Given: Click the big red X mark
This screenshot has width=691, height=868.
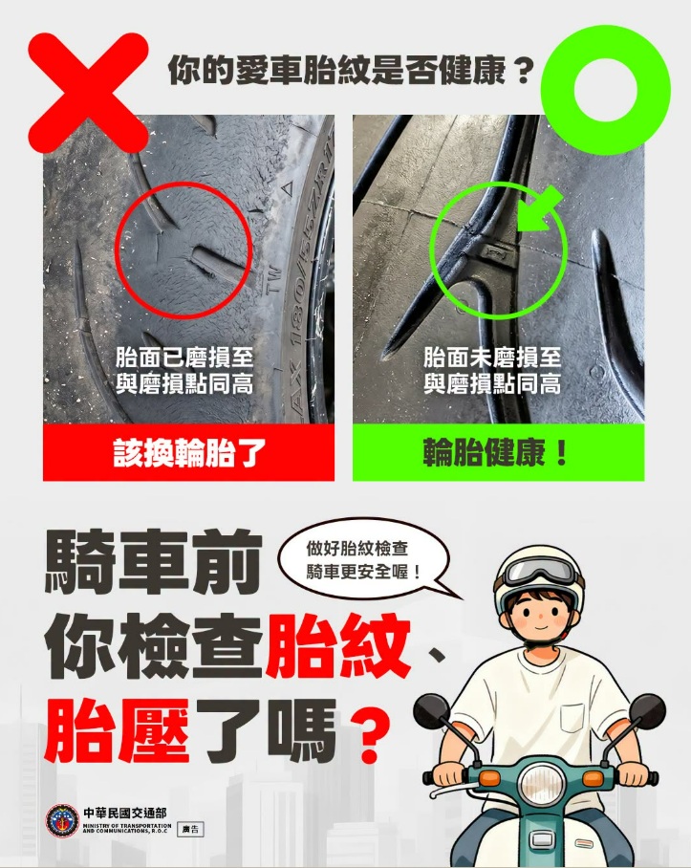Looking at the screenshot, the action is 89,93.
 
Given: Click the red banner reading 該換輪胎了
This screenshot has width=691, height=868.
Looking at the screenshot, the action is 188,453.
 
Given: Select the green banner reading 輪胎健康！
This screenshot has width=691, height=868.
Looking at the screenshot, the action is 499,453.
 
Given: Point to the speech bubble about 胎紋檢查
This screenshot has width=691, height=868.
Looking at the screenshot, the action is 365,560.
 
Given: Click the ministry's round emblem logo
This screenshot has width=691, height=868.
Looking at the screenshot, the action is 62,820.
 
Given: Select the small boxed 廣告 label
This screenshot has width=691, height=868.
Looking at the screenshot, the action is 190,829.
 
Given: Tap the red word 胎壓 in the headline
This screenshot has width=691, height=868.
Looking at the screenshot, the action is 118,730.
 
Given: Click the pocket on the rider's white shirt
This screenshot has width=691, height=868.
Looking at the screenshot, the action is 572,718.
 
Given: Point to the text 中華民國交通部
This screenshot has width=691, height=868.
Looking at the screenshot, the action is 125,814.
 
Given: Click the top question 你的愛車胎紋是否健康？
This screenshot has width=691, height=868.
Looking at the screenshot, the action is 351,70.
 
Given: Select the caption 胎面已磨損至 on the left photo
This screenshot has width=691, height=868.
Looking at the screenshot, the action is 184,358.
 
